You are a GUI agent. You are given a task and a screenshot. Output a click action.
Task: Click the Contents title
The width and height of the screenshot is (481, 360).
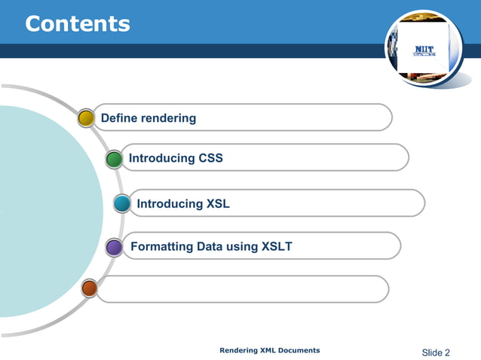point(78,23)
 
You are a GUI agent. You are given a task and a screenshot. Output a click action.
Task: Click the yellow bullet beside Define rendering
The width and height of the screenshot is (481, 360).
point(87,117)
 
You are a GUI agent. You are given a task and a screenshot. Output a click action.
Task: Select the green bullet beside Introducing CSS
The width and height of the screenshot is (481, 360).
point(114,159)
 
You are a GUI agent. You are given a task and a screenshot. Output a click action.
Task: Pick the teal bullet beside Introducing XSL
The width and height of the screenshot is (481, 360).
point(122,203)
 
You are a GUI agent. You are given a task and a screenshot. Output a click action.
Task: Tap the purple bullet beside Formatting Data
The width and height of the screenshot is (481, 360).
point(114,246)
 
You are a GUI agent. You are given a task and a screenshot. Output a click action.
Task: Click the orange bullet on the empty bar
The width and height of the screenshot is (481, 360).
point(89,288)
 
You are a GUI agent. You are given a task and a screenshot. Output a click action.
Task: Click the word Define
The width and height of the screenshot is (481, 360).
point(119,117)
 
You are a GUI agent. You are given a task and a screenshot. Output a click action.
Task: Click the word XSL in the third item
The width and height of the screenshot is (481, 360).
point(218,203)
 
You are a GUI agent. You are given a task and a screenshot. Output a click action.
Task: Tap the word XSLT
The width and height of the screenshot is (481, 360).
point(277,246)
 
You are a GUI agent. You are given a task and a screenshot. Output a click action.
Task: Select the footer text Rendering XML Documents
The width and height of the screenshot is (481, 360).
point(269,350)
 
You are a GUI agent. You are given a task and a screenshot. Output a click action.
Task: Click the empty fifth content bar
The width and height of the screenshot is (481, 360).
point(241,288)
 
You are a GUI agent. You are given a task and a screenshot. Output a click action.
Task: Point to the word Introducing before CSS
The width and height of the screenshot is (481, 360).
point(162,159)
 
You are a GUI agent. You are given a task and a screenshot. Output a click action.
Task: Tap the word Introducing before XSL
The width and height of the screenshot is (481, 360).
point(170,203)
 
